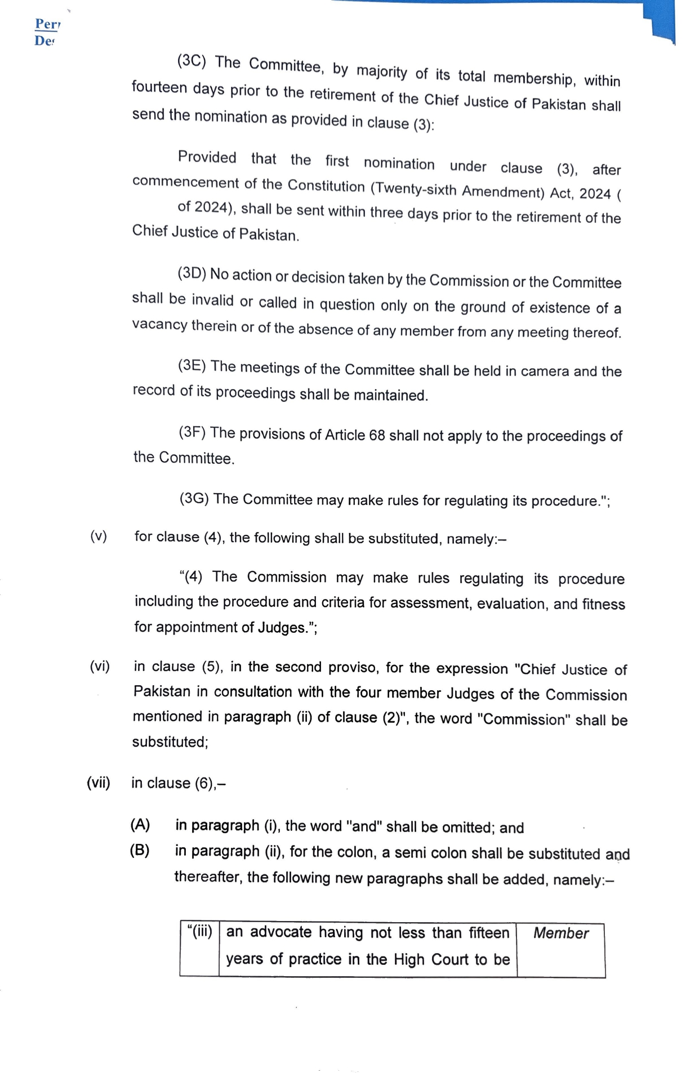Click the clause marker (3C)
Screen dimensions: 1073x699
click(192, 61)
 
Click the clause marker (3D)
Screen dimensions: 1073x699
click(192, 274)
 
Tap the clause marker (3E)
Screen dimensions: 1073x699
click(192, 365)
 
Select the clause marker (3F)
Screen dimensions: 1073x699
click(192, 432)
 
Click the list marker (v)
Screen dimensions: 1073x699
click(99, 536)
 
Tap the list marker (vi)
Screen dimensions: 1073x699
click(100, 667)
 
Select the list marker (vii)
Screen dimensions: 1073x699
click(99, 783)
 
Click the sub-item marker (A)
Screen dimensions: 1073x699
click(140, 825)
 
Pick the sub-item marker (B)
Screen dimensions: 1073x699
click(140, 850)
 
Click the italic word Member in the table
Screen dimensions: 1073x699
click(560, 933)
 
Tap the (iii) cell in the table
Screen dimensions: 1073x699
click(199, 932)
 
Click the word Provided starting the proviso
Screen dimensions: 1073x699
click(207, 157)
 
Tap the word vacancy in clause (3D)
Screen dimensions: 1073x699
click(160, 325)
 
